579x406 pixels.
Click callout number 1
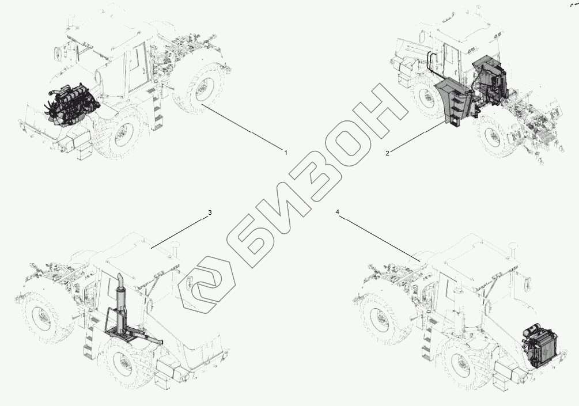point(285,152)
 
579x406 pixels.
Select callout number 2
point(388,153)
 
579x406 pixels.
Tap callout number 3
point(210,213)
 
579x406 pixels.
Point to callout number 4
point(338,213)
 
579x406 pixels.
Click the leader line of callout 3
point(179,231)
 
